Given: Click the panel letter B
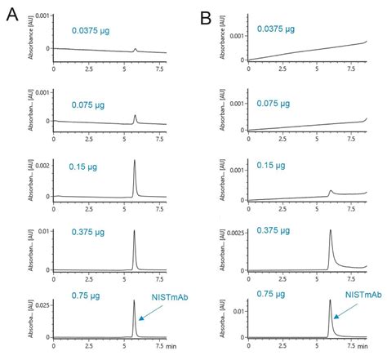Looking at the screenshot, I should pyautogui.click(x=206, y=14).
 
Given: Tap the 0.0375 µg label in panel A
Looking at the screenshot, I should pyautogui.click(x=92, y=29).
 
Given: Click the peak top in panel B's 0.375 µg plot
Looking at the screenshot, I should pyautogui.click(x=329, y=231).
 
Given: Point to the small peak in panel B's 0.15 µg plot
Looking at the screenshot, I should pyautogui.click(x=330, y=191).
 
